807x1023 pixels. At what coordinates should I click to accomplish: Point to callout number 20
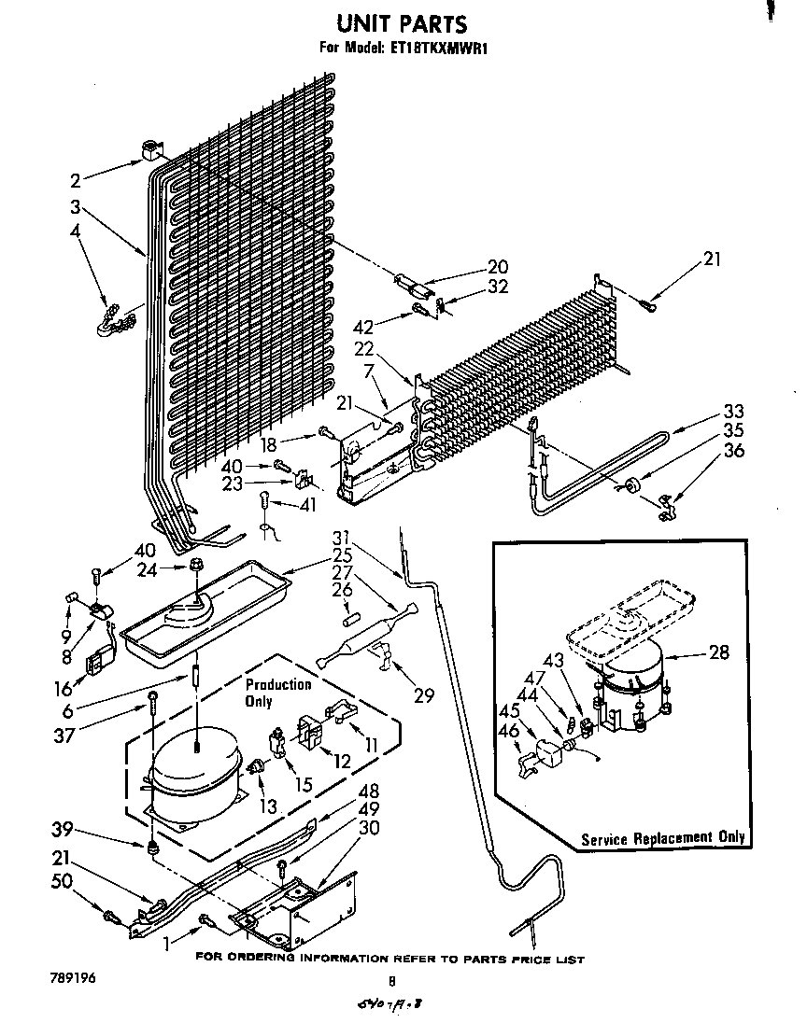[x=497, y=267]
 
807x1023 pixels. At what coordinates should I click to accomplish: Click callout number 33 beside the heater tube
[x=733, y=411]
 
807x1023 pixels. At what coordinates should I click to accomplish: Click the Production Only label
[x=277, y=693]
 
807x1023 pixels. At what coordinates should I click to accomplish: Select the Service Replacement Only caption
[x=663, y=837]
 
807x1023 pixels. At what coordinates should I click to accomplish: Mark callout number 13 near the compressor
[x=268, y=805]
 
